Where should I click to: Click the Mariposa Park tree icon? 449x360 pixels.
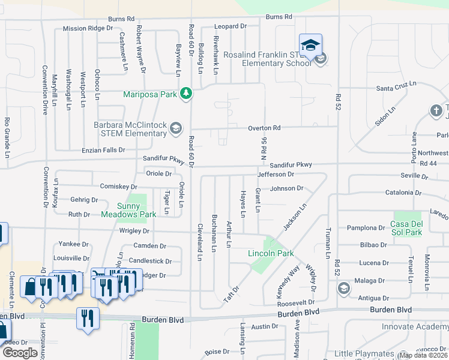(187, 94)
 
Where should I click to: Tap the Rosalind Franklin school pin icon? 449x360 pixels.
(310, 45)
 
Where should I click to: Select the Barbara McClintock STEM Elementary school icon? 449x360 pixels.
(176, 127)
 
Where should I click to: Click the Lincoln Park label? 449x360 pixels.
(271, 253)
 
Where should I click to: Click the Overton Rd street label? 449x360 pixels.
(265, 128)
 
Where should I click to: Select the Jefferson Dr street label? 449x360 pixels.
(276, 174)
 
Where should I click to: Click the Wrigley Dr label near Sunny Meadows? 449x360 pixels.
(134, 230)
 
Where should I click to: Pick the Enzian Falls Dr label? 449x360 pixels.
(104, 150)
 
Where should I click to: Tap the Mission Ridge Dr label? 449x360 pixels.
(88, 28)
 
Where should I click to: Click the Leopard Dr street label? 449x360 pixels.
(231, 26)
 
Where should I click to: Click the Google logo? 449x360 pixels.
(20, 352)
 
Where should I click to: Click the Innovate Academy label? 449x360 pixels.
(414, 326)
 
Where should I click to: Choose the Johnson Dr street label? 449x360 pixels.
(287, 188)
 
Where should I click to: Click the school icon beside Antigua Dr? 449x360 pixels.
(344, 289)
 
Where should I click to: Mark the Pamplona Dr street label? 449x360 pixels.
(366, 228)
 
